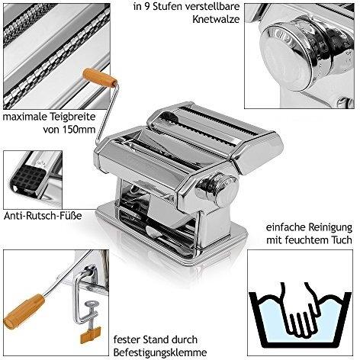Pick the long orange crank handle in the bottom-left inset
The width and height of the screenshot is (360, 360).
(x=21, y=305)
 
